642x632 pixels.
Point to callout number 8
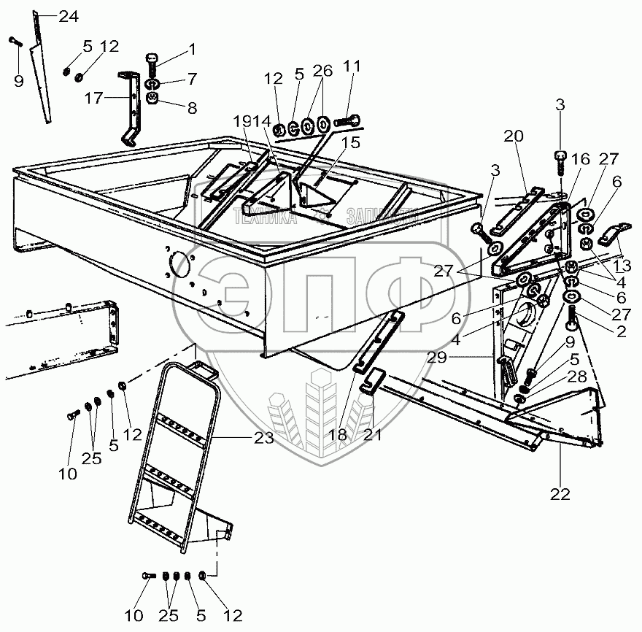[x=192, y=109]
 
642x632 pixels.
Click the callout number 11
[x=352, y=67]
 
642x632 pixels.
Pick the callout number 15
[x=352, y=142]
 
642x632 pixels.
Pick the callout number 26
[x=322, y=70]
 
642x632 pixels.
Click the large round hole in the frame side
[x=177, y=261]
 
